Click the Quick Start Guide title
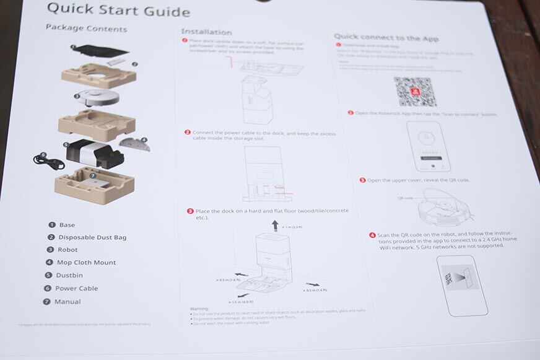[x=118, y=9]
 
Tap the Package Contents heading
[x=86, y=29]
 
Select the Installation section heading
[x=206, y=32]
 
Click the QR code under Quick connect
[x=415, y=92]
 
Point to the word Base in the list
[x=67, y=225]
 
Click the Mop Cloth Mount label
[x=86, y=263]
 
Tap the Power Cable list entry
[x=77, y=289]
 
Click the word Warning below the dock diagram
[x=199, y=309]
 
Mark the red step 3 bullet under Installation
[x=190, y=211]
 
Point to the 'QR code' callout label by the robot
[x=404, y=199]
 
